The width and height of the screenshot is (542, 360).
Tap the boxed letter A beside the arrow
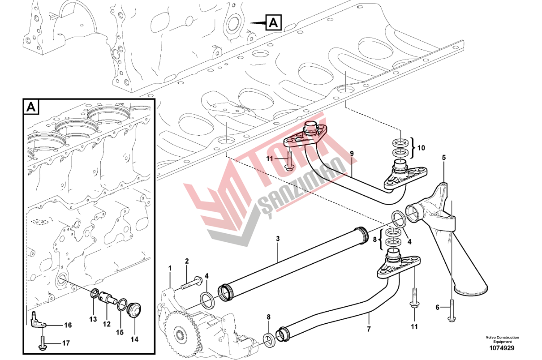coord(274,22)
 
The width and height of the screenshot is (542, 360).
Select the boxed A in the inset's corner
coord(31,107)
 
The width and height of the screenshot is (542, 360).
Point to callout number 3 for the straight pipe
coord(278,239)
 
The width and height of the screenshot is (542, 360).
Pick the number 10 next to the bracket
coord(421,148)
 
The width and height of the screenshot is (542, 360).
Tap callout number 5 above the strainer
coord(444,158)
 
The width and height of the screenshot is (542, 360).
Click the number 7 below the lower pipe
coord(369,329)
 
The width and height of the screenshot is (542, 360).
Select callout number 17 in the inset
coord(66,343)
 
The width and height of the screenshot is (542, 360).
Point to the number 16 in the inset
coord(68,325)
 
